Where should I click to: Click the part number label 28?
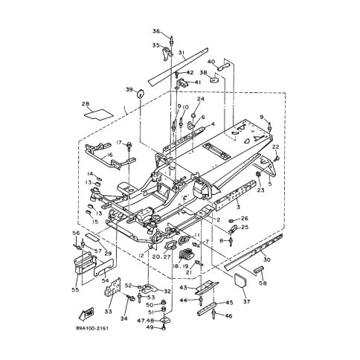[x=86, y=104]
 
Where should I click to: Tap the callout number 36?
[x=156, y=31]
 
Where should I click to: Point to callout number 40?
[x=211, y=62]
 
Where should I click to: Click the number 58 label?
[x=261, y=283]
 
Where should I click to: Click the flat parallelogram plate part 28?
[x=95, y=115]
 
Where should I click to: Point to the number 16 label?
[x=109, y=155]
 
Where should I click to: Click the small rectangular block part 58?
[x=261, y=269]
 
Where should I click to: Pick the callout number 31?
[x=181, y=52]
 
